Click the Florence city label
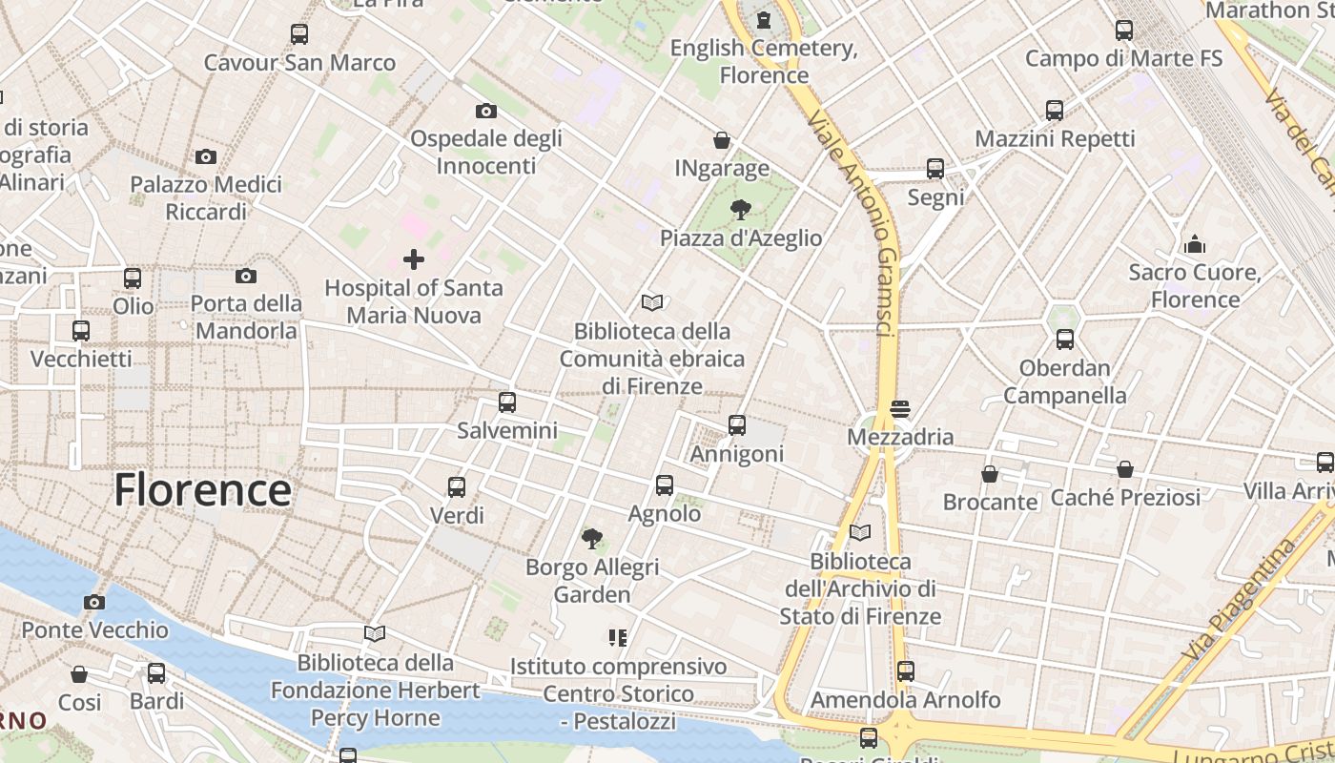(202, 490)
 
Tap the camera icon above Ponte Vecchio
(93, 602)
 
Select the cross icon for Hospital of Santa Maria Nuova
(414, 259)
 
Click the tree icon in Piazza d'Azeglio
(740, 210)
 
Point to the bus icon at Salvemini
(507, 402)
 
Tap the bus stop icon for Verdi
(457, 487)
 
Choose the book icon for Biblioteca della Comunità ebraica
(652, 303)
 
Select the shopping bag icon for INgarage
(722, 141)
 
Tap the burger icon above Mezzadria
(900, 409)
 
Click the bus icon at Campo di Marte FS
(1124, 31)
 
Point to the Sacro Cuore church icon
(1195, 245)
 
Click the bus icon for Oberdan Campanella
(1065, 340)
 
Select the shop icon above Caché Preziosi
(1125, 469)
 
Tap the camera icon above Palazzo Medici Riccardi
(205, 156)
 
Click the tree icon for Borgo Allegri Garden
(592, 539)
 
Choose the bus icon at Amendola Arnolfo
(906, 671)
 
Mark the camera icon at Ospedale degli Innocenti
(485, 112)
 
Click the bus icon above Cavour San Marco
(299, 34)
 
